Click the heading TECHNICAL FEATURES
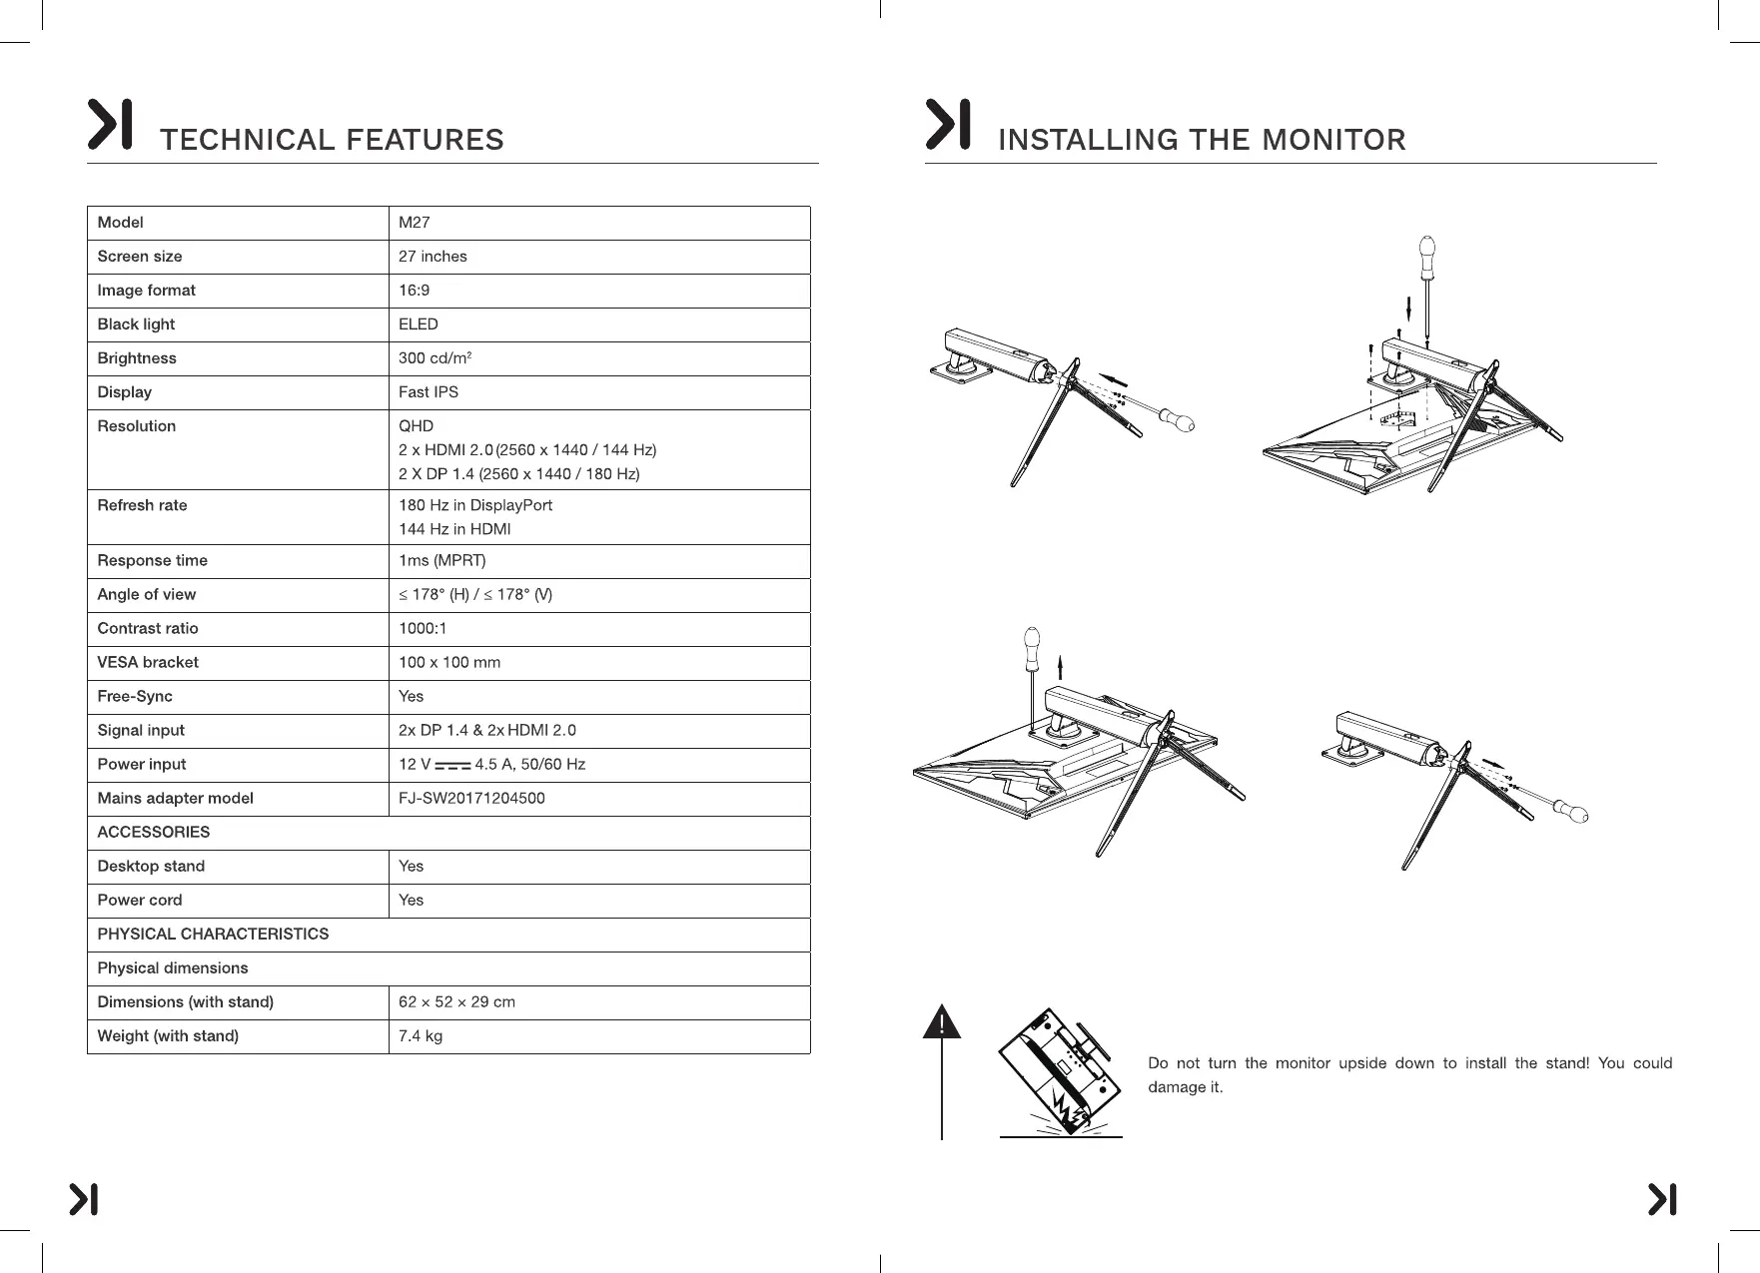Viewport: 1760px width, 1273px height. [332, 140]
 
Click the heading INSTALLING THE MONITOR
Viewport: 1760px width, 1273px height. [1202, 140]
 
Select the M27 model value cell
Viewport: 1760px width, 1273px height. [415, 223]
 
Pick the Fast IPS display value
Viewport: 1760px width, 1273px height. [429, 392]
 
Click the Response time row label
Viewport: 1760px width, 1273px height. [152, 561]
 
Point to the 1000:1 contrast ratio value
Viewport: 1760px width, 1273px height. [423, 629]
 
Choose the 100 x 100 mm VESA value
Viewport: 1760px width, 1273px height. [449, 663]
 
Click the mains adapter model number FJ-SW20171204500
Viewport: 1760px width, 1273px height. [471, 799]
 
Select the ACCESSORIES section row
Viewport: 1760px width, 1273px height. [154, 833]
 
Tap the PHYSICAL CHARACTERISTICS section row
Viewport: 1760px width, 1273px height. [213, 935]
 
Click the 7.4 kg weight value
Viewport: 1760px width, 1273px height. [421, 1036]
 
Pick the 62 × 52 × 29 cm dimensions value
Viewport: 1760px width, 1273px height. [456, 1002]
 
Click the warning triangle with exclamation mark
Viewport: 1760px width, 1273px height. [942, 1024]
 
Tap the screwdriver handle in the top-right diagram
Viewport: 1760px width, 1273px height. [1427, 247]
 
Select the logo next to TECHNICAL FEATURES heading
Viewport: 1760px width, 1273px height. [110, 125]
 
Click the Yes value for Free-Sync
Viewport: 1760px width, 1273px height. [411, 697]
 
